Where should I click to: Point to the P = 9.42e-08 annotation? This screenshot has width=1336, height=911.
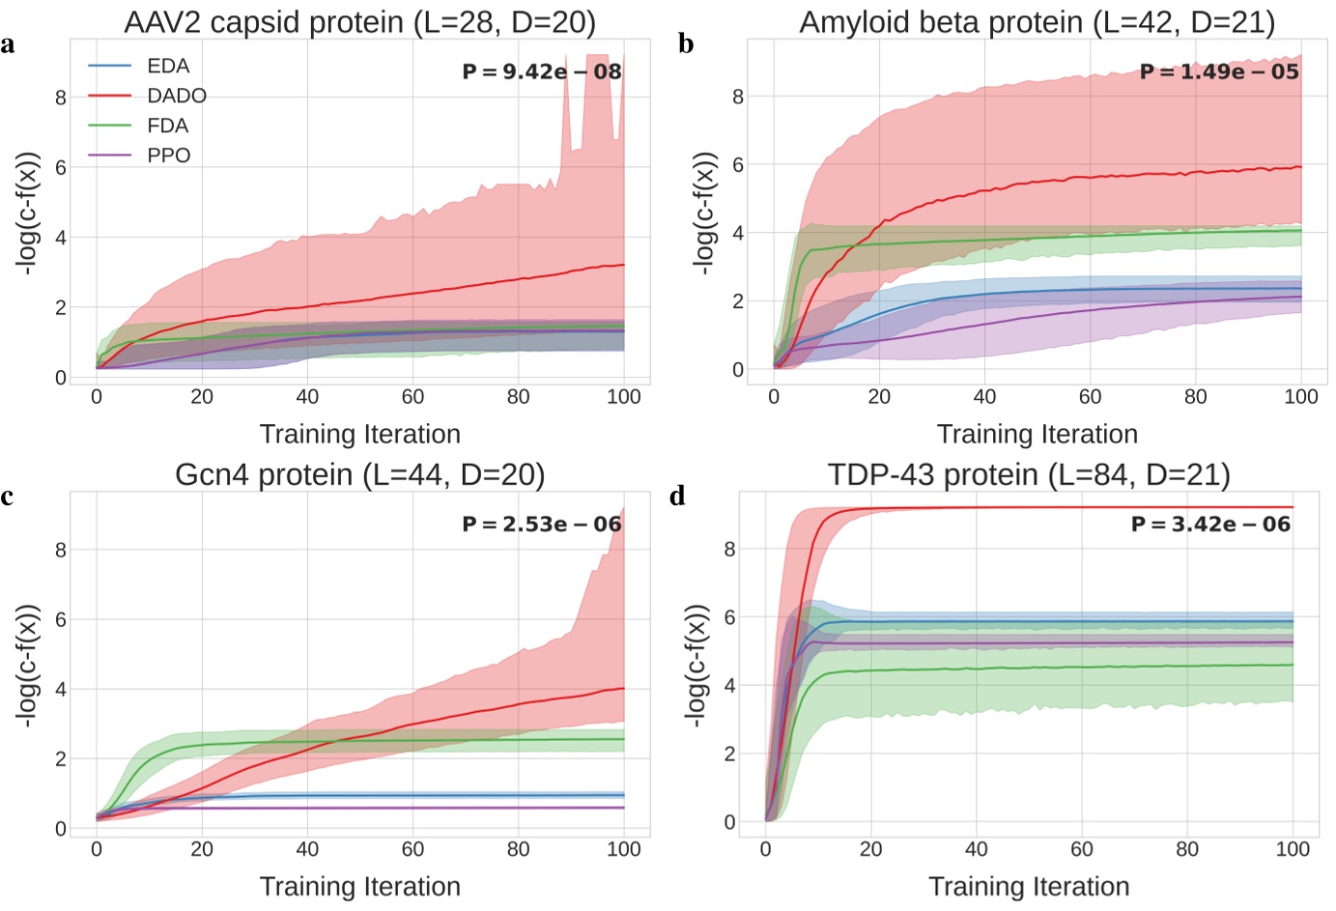541,71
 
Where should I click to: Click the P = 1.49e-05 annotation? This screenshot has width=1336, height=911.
1219,71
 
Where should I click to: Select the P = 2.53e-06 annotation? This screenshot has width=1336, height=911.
541,525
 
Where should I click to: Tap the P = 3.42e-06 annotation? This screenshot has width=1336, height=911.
1210,525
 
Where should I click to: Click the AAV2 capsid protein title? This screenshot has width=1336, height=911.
359,21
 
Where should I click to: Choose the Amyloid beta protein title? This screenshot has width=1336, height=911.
1037,21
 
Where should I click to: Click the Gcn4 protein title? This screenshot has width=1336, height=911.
359,474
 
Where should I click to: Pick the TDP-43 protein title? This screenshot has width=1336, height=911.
1029,474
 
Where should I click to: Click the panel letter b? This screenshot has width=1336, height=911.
686,43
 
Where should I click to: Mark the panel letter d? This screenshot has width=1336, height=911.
677,497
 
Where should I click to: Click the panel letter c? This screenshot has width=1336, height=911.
8,497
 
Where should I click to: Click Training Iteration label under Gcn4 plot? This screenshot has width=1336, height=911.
359,886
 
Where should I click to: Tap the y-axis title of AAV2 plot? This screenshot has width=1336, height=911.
28,213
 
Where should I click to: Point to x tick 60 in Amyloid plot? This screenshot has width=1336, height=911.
1090,397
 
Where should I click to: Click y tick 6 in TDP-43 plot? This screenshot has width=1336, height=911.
729,617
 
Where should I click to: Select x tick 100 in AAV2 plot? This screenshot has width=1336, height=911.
623,397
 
